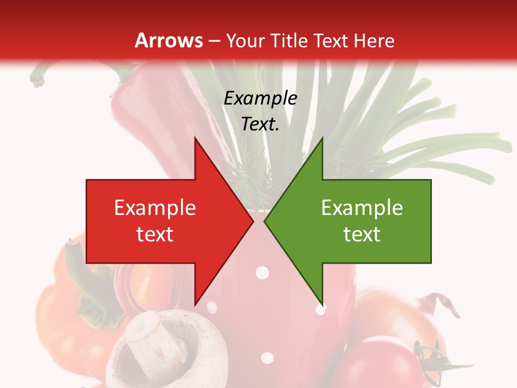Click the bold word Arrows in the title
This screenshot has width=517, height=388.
point(169,40)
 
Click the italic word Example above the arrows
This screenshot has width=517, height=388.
point(260,99)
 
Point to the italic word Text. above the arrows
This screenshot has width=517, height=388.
point(260,124)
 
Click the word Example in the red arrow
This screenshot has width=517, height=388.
point(155,208)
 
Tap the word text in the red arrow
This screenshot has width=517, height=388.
point(155,234)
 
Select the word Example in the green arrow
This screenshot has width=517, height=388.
point(362,208)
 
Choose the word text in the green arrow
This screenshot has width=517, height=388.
point(362,234)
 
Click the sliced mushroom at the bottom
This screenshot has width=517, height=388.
point(153,348)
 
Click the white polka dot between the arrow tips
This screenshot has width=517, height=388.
point(262,273)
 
